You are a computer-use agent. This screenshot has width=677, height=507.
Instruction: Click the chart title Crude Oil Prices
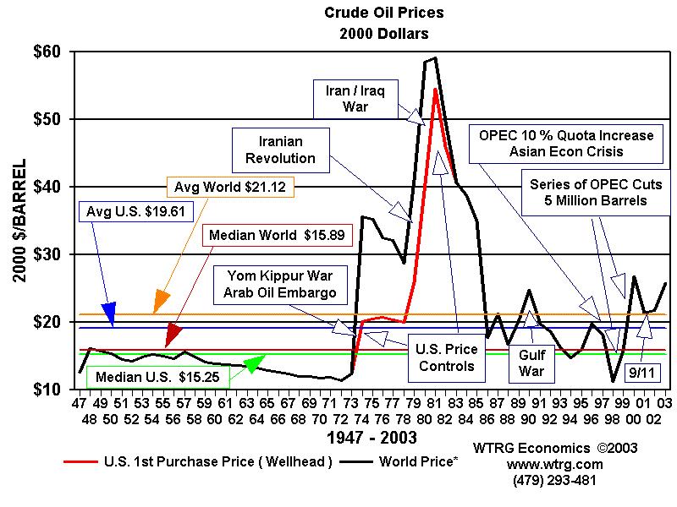coord(372,14)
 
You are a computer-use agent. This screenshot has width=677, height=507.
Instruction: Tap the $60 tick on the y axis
coord(47,52)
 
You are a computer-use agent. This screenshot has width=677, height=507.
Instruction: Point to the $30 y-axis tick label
coord(47,254)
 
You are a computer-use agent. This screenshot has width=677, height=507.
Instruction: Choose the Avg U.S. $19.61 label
coord(120,210)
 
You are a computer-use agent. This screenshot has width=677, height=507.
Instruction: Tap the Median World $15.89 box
coord(264,236)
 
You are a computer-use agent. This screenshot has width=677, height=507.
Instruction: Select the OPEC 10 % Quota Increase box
coord(566,143)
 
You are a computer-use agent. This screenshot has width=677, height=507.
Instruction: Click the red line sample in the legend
coord(80,461)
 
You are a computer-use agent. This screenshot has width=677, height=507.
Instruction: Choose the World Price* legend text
coord(419,461)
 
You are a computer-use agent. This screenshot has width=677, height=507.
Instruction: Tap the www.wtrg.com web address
coord(553,464)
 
